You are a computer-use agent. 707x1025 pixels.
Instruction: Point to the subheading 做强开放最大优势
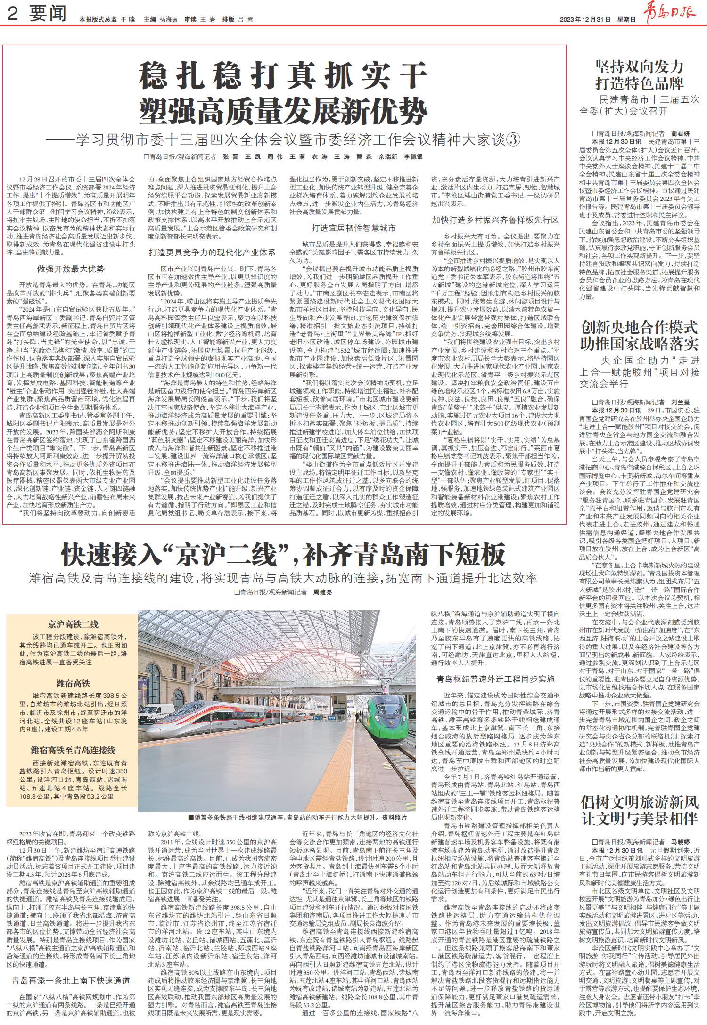71,269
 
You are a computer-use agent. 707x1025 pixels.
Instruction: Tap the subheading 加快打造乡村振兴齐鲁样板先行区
495,220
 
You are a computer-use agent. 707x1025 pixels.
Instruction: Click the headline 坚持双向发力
639,66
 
